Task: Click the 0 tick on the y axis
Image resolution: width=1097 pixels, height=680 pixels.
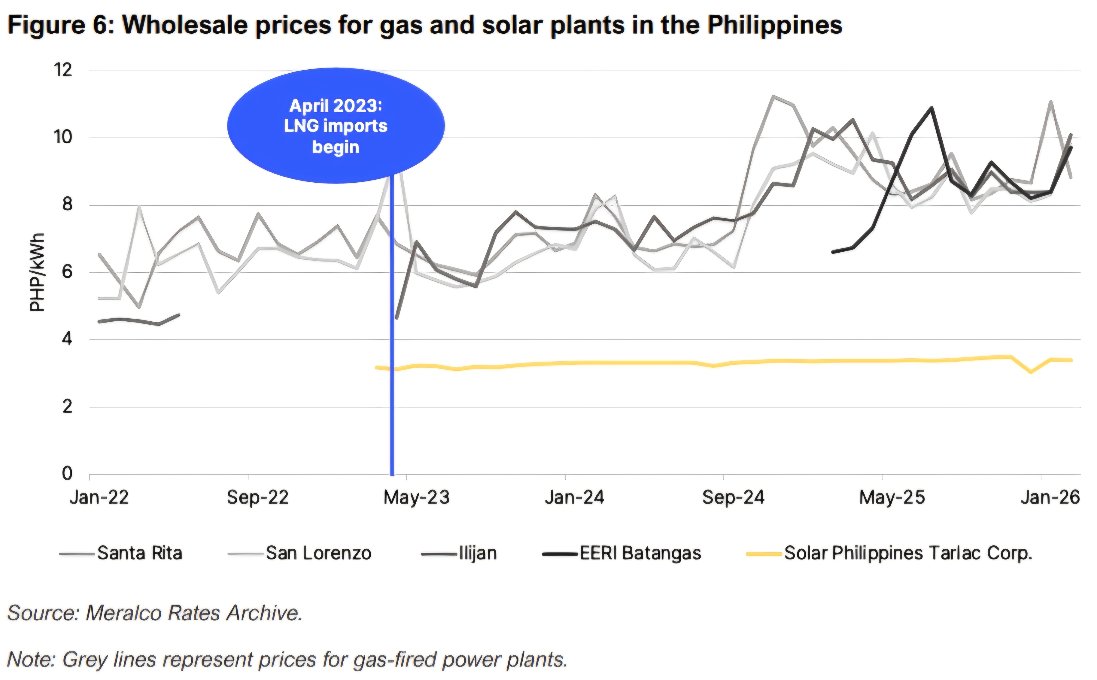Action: tap(67, 474)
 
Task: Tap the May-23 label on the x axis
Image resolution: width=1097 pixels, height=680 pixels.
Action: tap(417, 497)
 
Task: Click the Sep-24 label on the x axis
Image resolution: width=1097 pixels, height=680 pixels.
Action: tap(733, 497)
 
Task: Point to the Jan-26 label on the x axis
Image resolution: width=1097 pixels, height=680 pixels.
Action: tap(1050, 497)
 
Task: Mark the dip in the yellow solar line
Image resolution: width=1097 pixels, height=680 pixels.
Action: tap(1030, 372)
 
